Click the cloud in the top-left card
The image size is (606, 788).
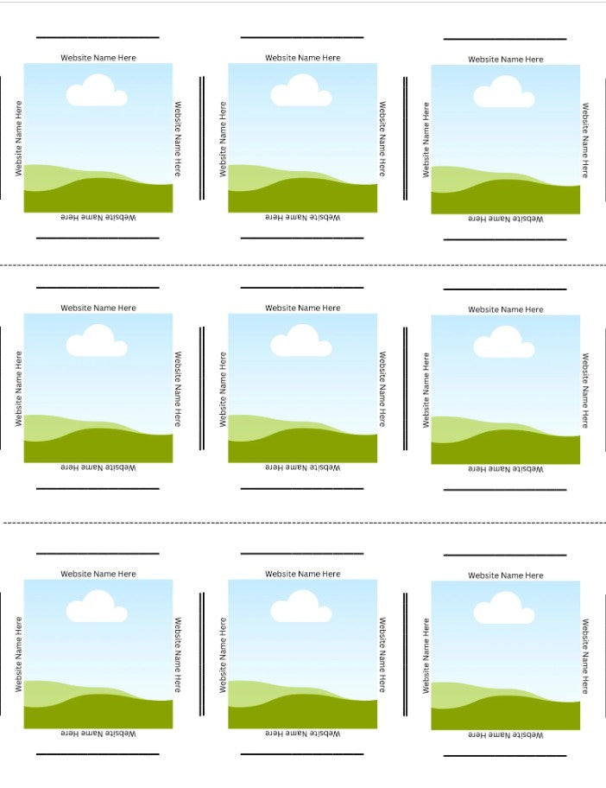click(x=97, y=91)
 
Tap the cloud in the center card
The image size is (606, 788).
click(x=301, y=340)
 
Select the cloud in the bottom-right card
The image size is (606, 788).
click(x=504, y=608)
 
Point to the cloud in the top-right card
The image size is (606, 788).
click(x=504, y=92)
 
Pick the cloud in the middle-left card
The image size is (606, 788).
click(x=97, y=340)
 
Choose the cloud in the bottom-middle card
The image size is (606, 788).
click(x=301, y=607)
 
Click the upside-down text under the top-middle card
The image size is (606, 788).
click(x=303, y=217)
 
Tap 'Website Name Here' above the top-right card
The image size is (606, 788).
click(x=506, y=60)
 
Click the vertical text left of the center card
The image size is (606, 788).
click(x=223, y=390)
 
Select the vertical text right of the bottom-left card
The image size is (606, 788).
click(x=178, y=655)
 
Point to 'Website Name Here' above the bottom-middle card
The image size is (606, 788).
click(x=303, y=574)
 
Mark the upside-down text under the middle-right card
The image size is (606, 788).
click(x=506, y=469)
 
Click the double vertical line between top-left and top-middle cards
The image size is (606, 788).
click(x=202, y=138)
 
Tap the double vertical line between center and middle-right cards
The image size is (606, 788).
click(x=405, y=389)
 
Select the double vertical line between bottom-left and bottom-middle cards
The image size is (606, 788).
click(x=202, y=654)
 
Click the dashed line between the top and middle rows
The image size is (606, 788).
click(x=303, y=265)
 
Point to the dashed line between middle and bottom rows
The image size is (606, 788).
click(x=304, y=523)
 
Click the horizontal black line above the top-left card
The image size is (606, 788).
click(x=98, y=37)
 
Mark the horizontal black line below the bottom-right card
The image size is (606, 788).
click(x=505, y=755)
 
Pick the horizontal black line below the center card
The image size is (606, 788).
click(x=302, y=488)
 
